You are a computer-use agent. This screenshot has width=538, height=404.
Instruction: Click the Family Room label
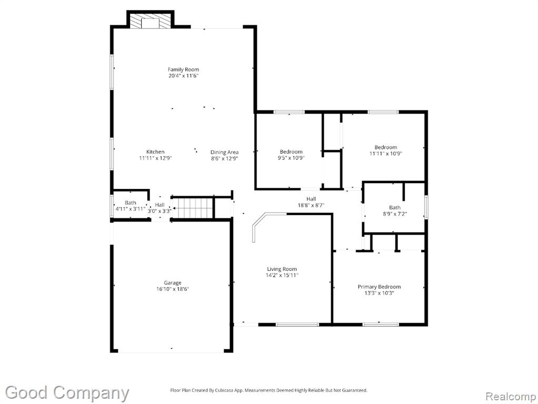(x=183, y=69)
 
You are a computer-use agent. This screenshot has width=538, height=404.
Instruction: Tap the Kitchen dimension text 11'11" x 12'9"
(x=155, y=158)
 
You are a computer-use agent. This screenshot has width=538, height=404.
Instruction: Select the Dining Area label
(x=224, y=152)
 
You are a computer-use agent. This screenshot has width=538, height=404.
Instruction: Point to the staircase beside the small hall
(x=193, y=208)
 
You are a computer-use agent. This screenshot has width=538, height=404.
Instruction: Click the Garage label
(x=172, y=283)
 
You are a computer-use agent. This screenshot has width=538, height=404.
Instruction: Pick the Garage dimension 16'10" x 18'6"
(x=173, y=289)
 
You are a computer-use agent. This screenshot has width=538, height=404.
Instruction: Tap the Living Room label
(x=282, y=269)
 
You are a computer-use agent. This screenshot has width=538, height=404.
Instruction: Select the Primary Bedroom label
(x=379, y=287)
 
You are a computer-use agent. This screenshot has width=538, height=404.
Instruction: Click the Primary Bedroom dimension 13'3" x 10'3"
(x=379, y=293)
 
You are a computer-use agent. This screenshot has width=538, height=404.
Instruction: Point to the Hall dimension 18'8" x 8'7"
(x=311, y=205)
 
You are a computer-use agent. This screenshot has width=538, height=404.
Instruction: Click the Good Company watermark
(x=67, y=393)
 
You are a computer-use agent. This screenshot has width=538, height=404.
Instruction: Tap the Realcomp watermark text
(x=511, y=397)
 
